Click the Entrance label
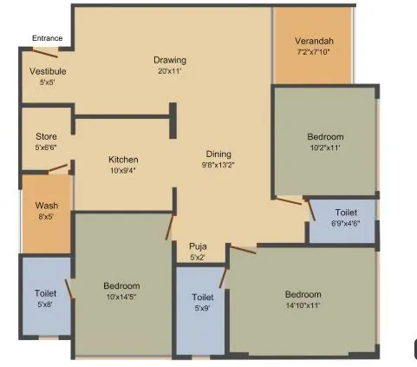[47, 38]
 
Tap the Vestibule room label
[48, 71]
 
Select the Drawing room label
[170, 60]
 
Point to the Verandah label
[313, 41]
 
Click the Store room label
[46, 136]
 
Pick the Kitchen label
[123, 160]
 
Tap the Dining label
[218, 153]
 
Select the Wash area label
[46, 206]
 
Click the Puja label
[199, 246]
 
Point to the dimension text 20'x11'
[170, 70]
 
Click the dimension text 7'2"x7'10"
[313, 52]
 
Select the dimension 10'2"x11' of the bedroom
[325, 147]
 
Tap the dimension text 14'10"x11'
[303, 305]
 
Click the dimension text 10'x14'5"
[122, 296]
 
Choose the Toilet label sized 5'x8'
[46, 293]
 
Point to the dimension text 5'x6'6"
[46, 147]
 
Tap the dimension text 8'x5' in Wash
[46, 216]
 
